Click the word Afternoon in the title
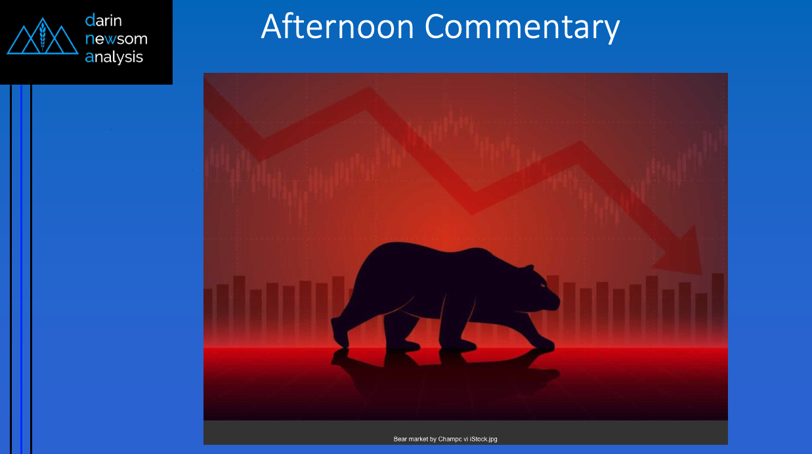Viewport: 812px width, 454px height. tap(337, 26)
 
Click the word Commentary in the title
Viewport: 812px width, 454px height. tap(522, 28)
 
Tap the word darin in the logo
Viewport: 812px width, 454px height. tap(103, 20)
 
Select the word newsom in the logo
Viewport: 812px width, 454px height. tap(116, 39)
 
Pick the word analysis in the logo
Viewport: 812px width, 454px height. tap(114, 57)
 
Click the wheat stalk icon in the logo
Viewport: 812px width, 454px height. tap(43, 36)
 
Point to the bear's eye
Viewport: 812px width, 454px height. tap(543, 286)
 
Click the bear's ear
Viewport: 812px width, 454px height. tap(529, 268)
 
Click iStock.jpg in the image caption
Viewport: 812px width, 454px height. tap(484, 439)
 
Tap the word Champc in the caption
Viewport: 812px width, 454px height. tap(450, 440)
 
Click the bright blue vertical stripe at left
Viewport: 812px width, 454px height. tap(22, 269)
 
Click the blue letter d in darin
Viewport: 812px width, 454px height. tap(91, 20)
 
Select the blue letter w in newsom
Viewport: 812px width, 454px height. tap(110, 39)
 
